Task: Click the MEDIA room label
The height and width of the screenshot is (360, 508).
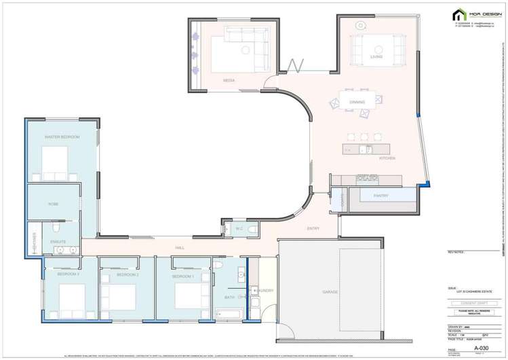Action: pos(229,80)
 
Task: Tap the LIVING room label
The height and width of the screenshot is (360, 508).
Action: pos(376,57)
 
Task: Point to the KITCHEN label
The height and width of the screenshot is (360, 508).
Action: pos(368,158)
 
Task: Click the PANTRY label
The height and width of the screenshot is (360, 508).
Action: pos(380,196)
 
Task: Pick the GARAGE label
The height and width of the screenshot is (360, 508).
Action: pos(330,292)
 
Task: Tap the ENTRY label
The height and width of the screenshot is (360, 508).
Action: pos(313,228)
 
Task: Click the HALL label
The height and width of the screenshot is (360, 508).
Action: pos(180,248)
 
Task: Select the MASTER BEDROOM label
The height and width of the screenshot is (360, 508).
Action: pos(62,137)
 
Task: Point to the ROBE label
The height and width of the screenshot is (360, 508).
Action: pos(53,204)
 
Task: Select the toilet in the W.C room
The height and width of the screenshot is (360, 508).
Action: pos(252,230)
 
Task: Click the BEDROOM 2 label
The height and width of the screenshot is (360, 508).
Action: pos(128,275)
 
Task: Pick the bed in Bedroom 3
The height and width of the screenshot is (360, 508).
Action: pos(71,296)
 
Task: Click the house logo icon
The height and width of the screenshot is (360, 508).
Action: pos(459,15)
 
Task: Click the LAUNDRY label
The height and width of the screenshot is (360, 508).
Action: pos(265,291)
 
